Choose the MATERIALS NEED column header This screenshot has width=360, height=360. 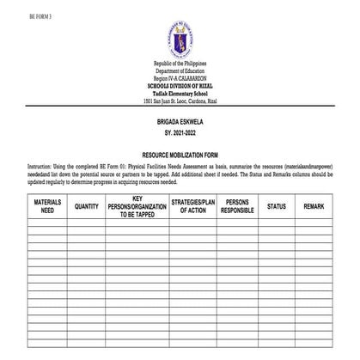[47, 206]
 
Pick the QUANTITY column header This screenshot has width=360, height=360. [86, 206]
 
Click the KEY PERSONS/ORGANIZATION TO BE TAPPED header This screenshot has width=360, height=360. [136, 206]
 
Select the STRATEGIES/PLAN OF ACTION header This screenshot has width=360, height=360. [188, 206]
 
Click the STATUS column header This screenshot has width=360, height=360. [276, 206]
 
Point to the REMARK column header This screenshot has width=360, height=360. [313, 206]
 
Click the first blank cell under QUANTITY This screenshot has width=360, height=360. [86, 224]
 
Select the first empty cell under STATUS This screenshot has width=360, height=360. [276, 224]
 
